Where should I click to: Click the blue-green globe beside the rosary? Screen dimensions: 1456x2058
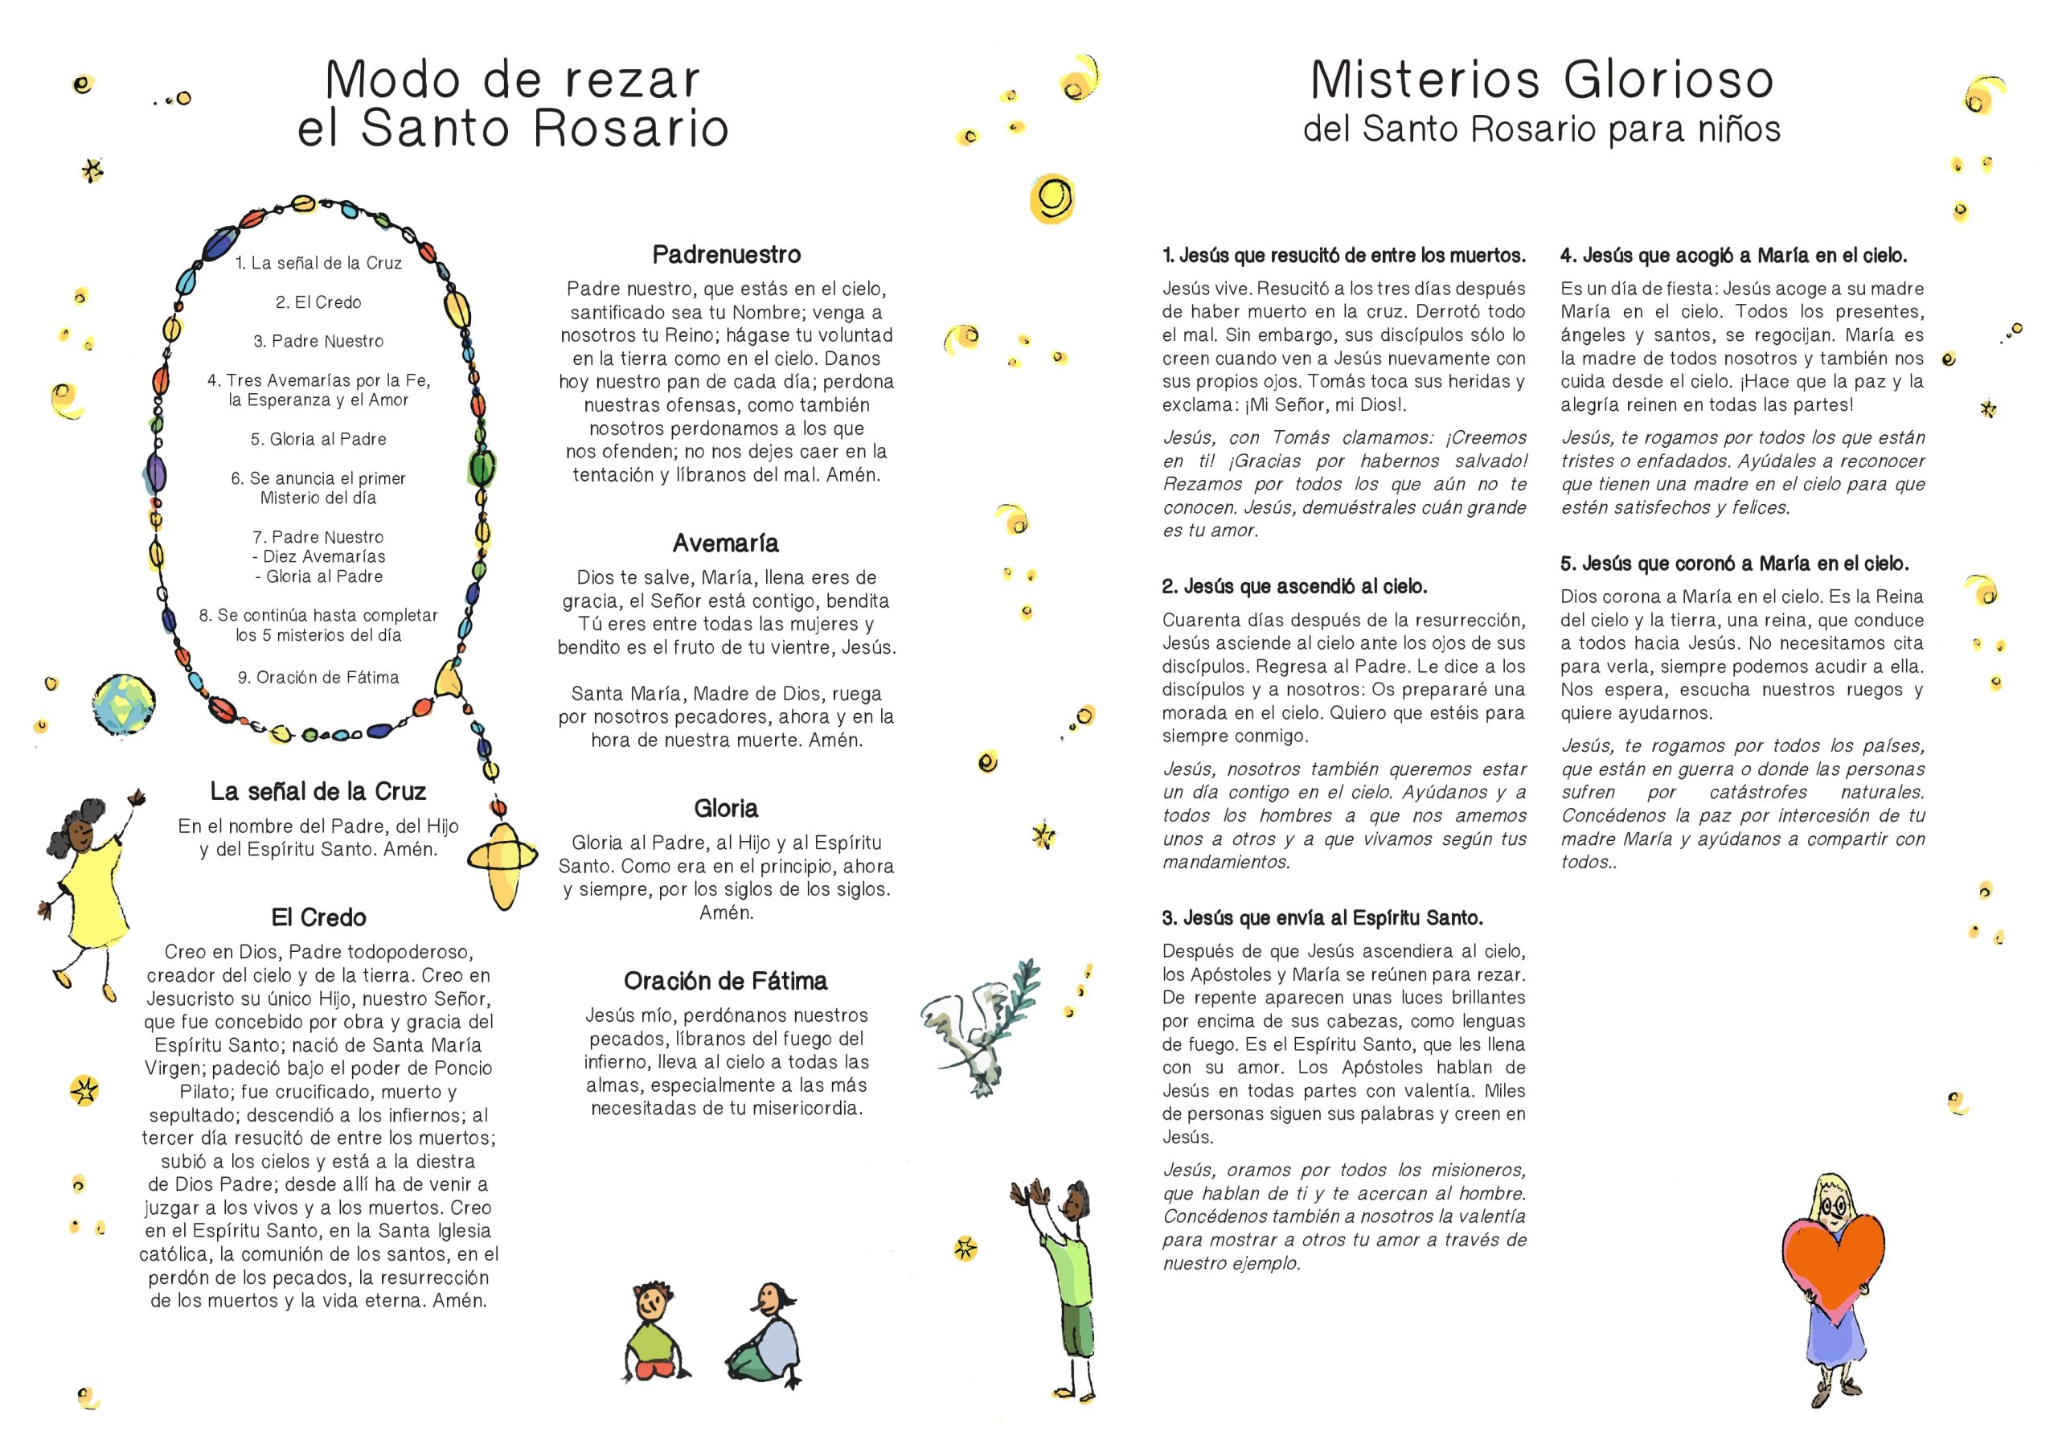coord(124,703)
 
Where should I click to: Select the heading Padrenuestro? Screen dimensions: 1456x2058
coord(726,255)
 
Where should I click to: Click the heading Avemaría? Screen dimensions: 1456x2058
coord(726,543)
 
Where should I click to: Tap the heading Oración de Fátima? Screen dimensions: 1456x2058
coord(726,981)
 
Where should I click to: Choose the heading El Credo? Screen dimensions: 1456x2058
coord(318,917)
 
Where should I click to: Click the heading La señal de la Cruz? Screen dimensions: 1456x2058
coord(318,792)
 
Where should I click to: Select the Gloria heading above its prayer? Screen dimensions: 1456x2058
coord(726,809)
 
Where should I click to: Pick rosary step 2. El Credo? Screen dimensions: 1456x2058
coord(318,302)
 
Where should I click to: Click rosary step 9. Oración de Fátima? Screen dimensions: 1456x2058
coord(318,678)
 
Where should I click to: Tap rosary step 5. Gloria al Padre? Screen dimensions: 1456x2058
coord(318,439)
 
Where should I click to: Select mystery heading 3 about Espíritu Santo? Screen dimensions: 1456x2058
coord(1322,918)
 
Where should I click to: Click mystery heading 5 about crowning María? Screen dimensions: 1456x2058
coord(1734,564)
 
